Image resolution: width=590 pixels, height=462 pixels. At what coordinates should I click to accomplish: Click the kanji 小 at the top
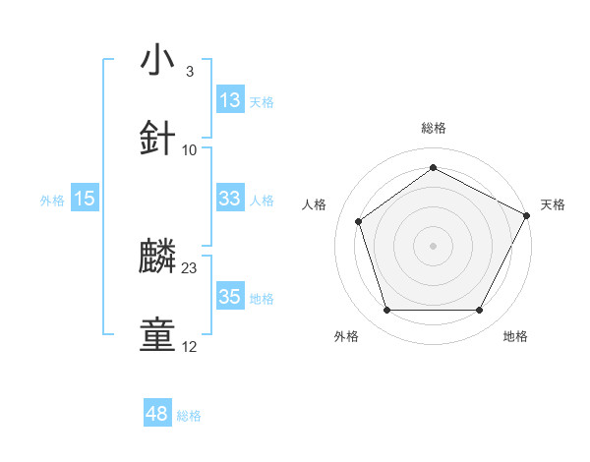[158, 61]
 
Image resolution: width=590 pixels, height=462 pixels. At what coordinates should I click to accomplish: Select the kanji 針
[158, 139]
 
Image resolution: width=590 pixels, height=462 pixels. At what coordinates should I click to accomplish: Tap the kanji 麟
[158, 258]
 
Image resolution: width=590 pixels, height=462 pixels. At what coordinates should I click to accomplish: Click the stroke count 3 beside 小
[189, 72]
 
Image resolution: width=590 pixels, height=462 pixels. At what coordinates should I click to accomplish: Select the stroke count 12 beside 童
[190, 346]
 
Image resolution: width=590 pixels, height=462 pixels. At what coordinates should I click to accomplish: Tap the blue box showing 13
[230, 100]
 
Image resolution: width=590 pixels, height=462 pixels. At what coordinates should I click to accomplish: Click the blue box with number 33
[230, 199]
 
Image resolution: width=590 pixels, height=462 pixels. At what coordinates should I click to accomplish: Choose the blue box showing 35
[230, 297]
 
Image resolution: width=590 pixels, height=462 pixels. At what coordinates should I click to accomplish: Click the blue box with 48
[157, 415]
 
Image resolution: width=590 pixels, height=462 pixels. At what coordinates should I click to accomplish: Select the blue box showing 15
[85, 199]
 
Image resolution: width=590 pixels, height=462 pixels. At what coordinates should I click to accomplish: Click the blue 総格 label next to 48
[189, 416]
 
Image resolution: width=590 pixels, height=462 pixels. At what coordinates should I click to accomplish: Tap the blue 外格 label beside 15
[52, 200]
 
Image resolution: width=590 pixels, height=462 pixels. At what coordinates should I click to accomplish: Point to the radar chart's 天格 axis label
[553, 204]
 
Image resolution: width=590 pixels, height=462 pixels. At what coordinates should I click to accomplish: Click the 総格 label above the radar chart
[434, 128]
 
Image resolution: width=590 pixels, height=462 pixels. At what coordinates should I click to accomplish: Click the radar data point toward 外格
[386, 311]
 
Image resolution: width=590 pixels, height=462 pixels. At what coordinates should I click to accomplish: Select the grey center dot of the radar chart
[434, 245]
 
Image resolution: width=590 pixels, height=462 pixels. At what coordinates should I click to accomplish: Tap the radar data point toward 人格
[359, 221]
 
